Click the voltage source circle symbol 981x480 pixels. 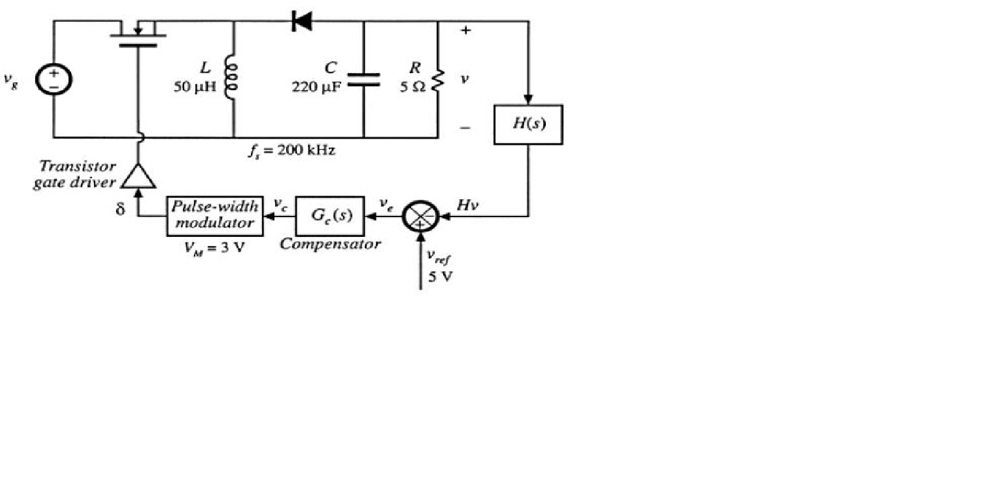[54, 80]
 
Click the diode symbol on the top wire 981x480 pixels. [302, 22]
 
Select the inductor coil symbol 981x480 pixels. [231, 77]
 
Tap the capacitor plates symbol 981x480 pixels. [363, 79]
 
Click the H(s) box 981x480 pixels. [528, 124]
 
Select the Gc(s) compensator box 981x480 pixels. [331, 216]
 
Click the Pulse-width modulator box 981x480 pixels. [214, 216]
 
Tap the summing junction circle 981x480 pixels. [420, 216]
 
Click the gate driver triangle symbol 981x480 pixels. [138, 177]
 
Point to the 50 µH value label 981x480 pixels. [195, 87]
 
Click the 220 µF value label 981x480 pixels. [316, 87]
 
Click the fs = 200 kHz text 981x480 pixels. [292, 150]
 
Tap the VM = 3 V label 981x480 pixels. [214, 248]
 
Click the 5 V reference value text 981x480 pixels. [440, 276]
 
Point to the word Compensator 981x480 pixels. [330, 244]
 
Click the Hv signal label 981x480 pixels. [467, 205]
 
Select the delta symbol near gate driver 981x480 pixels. [120, 209]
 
